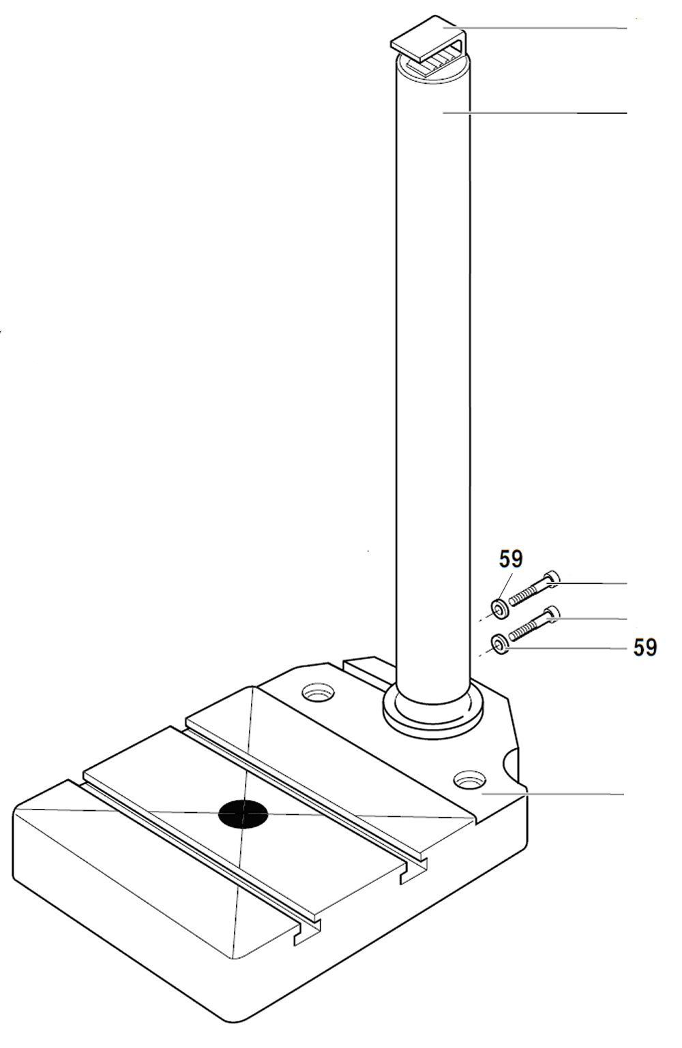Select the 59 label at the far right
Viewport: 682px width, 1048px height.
(x=645, y=647)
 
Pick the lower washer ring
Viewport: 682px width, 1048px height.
(x=500, y=646)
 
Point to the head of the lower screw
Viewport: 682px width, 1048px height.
(x=552, y=615)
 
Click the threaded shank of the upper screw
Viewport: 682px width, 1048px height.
(x=527, y=594)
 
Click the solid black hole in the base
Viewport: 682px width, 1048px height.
(x=243, y=814)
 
